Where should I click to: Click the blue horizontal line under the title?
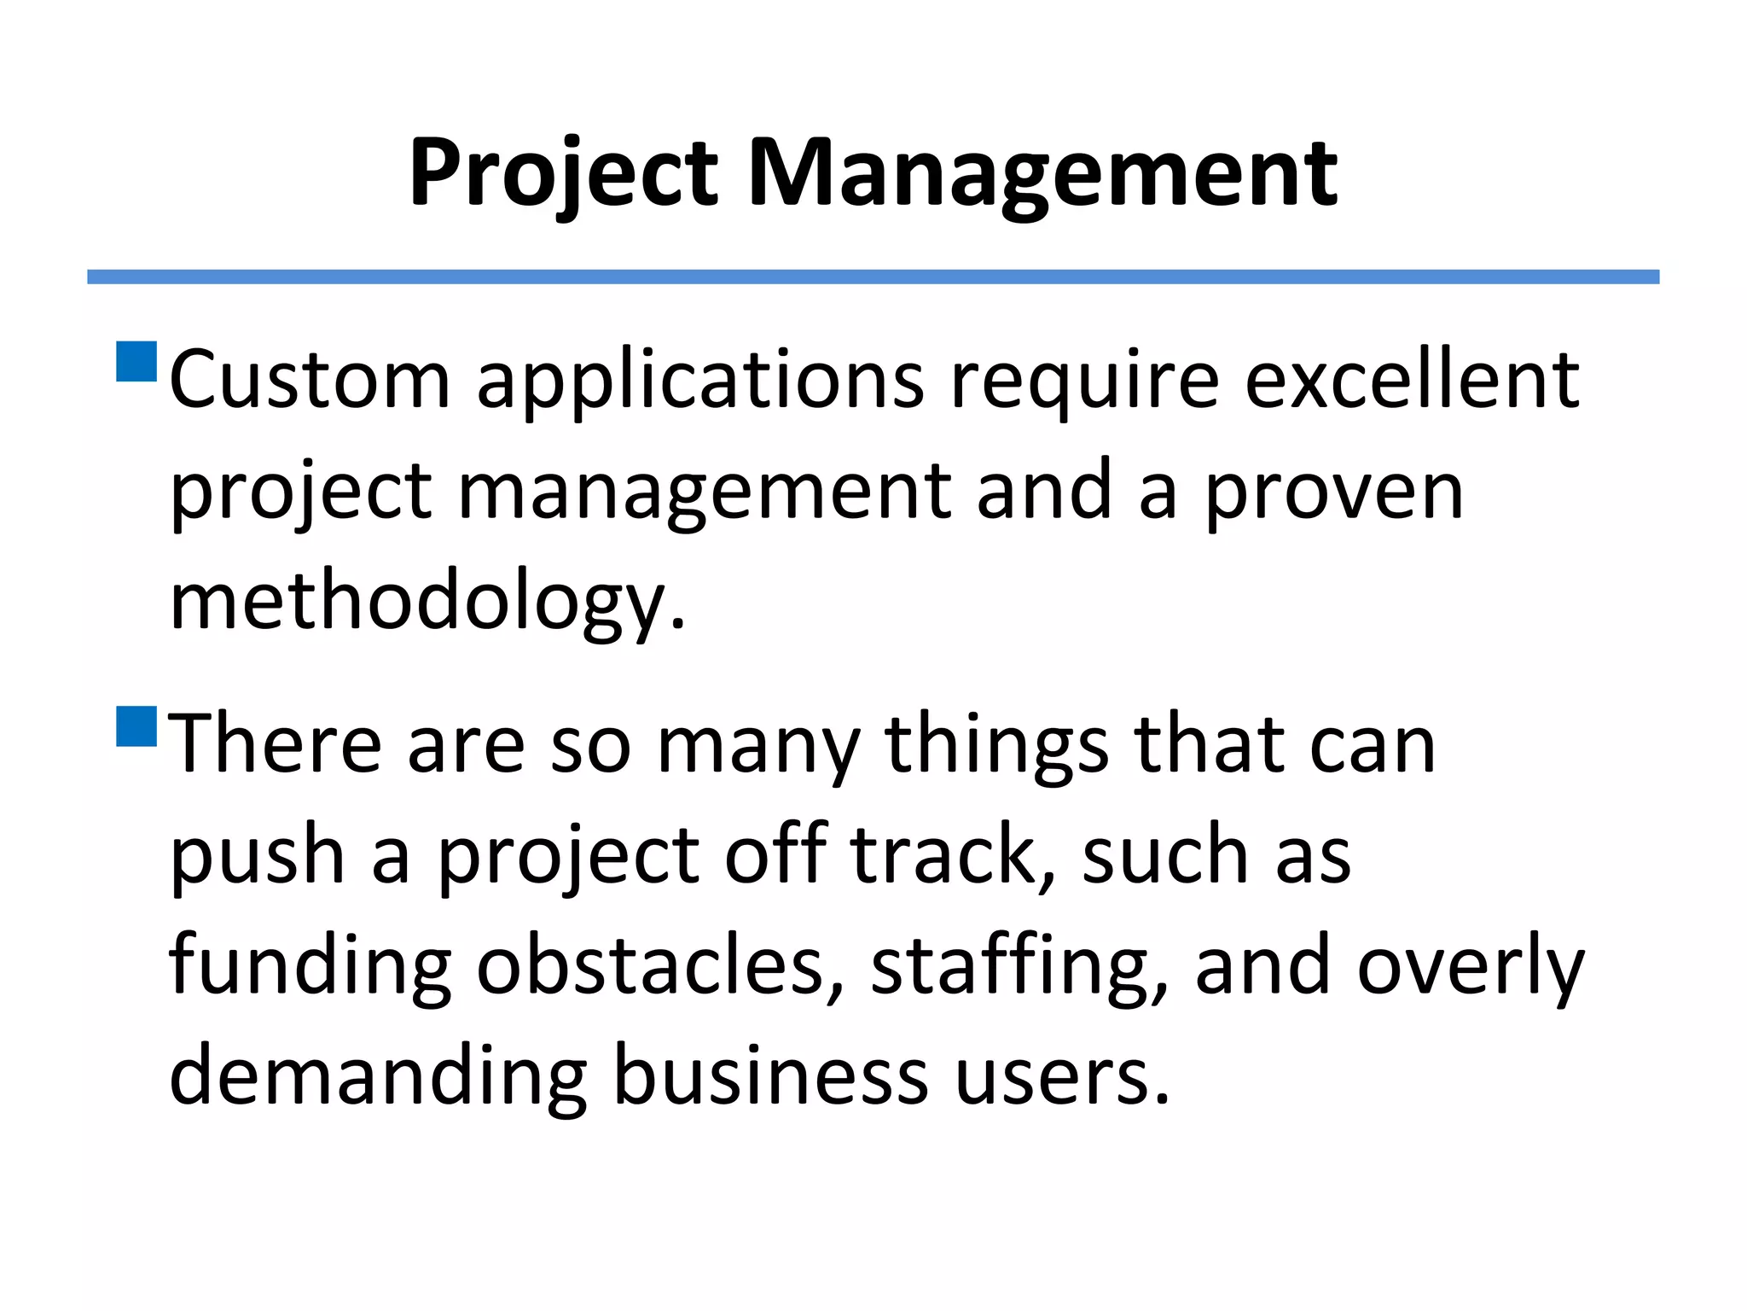tap(873, 277)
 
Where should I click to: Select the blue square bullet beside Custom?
tap(136, 361)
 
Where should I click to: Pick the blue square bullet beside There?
tap(136, 725)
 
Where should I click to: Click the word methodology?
tap(427, 602)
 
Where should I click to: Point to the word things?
tap(996, 745)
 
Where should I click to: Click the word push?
tap(257, 855)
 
